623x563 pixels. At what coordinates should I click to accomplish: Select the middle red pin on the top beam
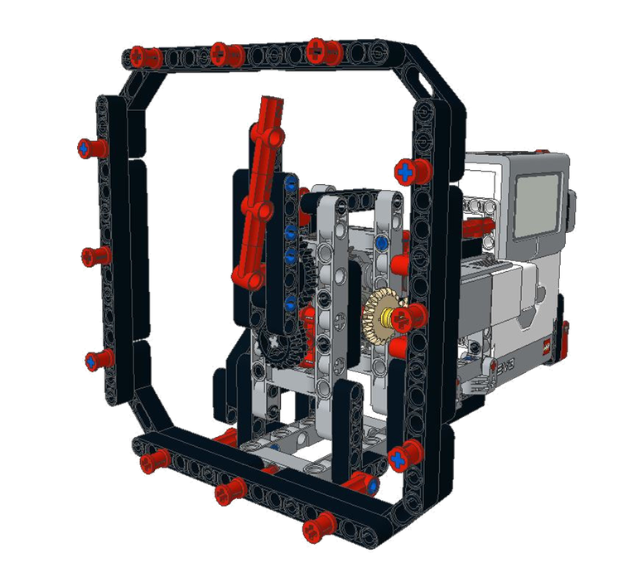click(x=225, y=55)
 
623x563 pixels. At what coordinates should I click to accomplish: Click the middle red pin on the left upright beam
click(x=94, y=255)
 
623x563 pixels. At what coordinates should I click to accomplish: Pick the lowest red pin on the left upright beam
click(x=98, y=359)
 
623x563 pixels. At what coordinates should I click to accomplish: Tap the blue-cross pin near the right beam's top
click(x=410, y=172)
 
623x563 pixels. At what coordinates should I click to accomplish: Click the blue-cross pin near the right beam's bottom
click(x=402, y=457)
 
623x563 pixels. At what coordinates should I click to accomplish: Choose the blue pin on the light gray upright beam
click(x=380, y=243)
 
